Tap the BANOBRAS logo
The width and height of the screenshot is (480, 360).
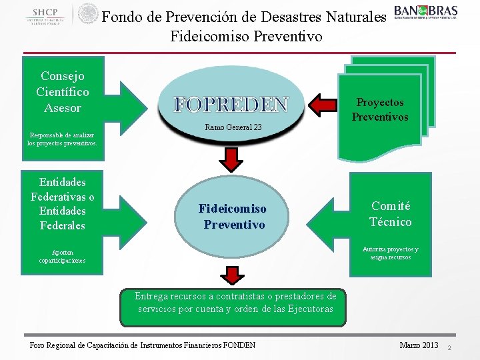pyautogui.click(x=425, y=13)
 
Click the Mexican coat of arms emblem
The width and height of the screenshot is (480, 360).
pyautogui.click(x=88, y=14)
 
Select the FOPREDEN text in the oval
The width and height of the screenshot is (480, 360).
pyautogui.click(x=231, y=105)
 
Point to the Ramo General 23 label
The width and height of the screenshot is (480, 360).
pyautogui.click(x=233, y=127)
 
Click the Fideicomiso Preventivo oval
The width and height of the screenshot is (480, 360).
pyautogui.click(x=232, y=217)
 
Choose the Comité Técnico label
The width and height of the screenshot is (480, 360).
pyautogui.click(x=391, y=214)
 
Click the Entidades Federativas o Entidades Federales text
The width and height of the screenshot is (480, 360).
pyautogui.click(x=62, y=203)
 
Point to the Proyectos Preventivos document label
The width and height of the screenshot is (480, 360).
pyautogui.click(x=380, y=109)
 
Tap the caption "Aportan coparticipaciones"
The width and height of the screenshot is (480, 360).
pyautogui.click(x=62, y=256)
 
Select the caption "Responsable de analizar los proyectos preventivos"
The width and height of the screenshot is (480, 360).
pyautogui.click(x=62, y=139)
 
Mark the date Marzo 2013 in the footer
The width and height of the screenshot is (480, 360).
pyautogui.click(x=419, y=345)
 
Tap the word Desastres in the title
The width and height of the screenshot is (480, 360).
pyautogui.click(x=285, y=15)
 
